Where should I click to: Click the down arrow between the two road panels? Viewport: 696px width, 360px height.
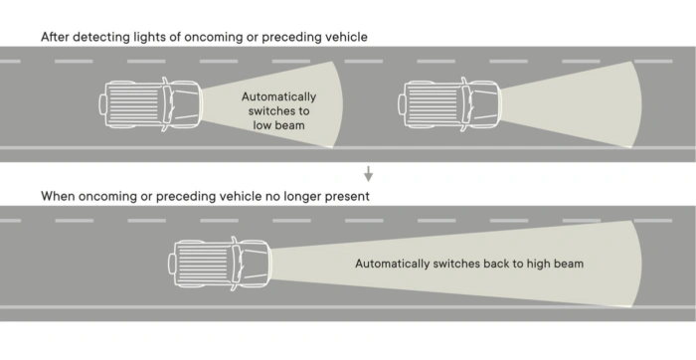[x=368, y=174]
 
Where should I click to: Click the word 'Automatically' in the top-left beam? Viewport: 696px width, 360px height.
[x=278, y=96]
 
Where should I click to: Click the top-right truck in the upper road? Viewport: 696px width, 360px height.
[x=448, y=102]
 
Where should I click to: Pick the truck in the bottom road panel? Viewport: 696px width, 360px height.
[x=219, y=264]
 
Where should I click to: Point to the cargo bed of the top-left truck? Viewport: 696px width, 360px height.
[x=130, y=102]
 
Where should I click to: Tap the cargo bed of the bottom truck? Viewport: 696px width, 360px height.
[x=198, y=264]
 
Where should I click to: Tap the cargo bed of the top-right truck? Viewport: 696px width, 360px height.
[x=428, y=102]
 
